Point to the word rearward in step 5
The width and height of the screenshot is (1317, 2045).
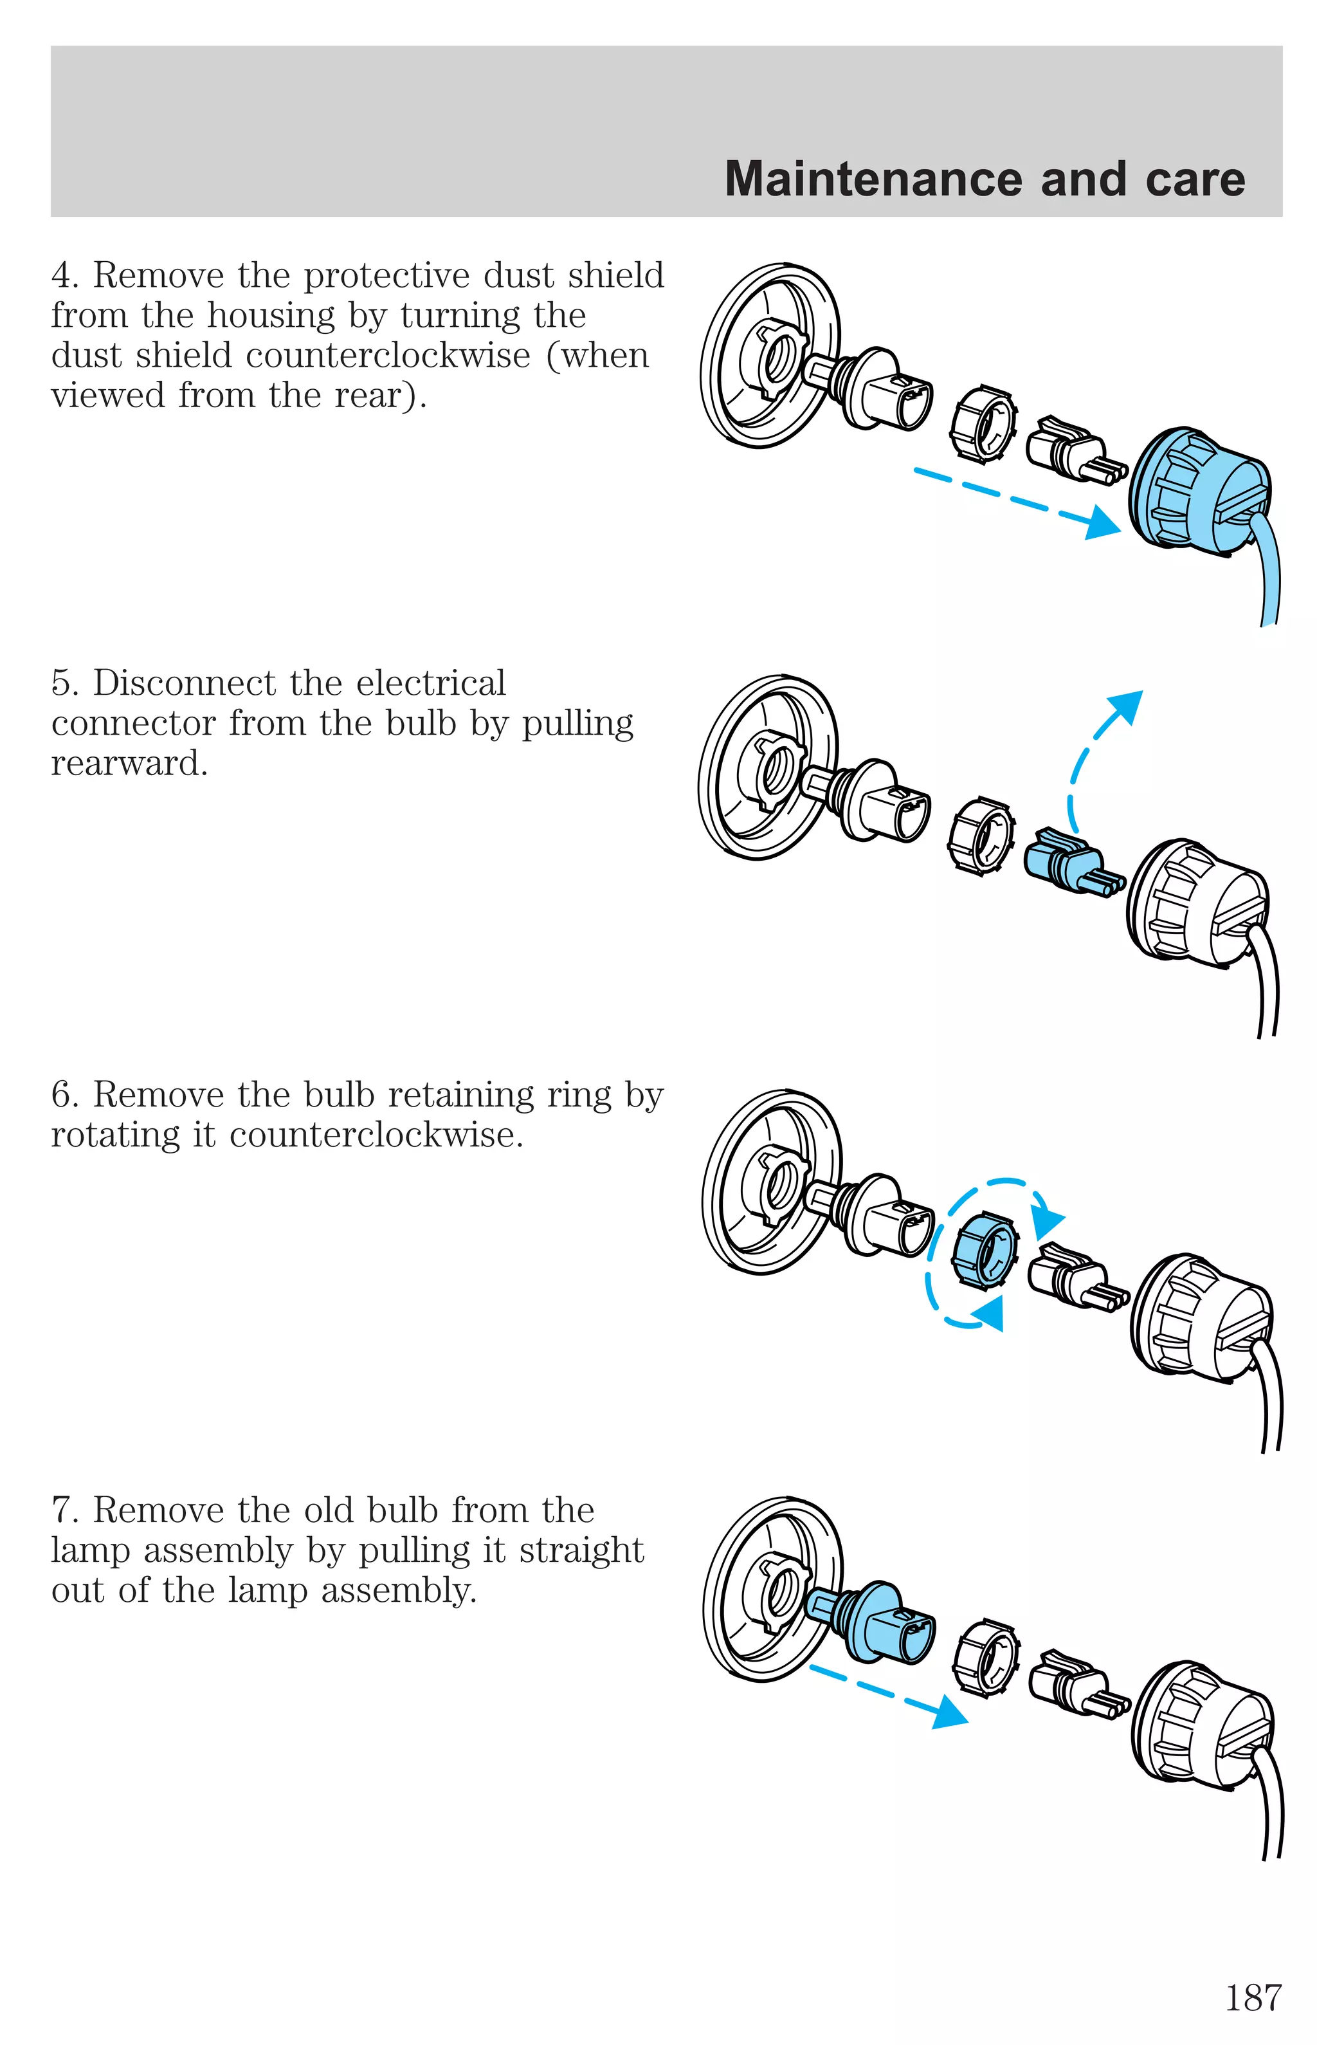pyautogui.click(x=129, y=764)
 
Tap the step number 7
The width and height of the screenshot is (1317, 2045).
pyautogui.click(x=64, y=1511)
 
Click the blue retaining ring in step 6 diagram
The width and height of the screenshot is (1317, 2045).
pyautogui.click(x=985, y=1251)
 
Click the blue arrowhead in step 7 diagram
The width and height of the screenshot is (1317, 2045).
pyautogui.click(x=949, y=1712)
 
